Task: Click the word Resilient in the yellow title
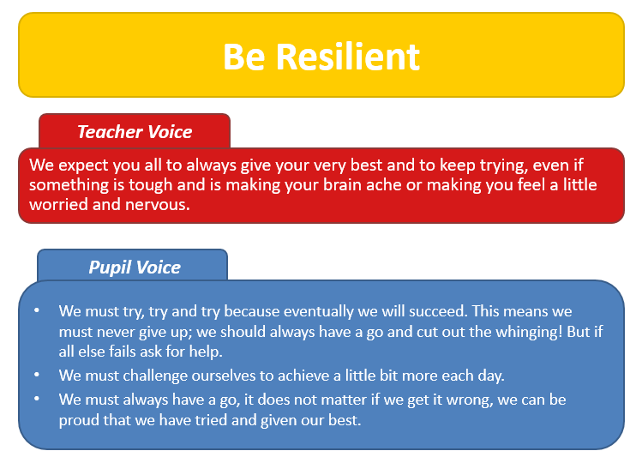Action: coord(348,57)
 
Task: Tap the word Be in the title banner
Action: coord(243,57)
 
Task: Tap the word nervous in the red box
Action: coord(157,204)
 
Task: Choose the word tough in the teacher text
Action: coord(151,185)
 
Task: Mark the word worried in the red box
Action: coord(58,204)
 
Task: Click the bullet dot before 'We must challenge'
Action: coord(37,375)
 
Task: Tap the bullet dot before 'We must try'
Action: coord(37,310)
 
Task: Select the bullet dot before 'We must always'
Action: coord(37,398)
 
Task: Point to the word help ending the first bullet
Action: coord(206,352)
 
